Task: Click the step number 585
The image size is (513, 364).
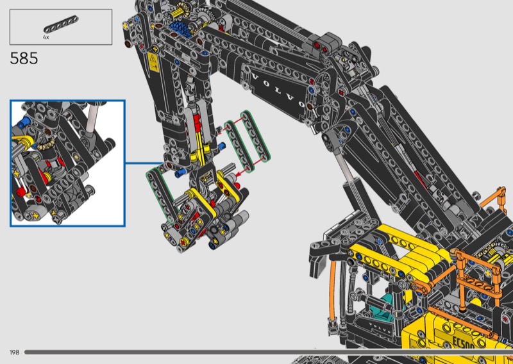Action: [24, 58]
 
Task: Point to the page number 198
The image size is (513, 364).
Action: [14, 352]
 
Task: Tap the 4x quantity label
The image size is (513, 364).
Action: [46, 38]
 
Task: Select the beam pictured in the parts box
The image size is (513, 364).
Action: [61, 24]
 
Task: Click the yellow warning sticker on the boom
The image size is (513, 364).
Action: [153, 62]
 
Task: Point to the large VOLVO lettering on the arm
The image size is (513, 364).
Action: [278, 91]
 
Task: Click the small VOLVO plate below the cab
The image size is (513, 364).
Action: [380, 327]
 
